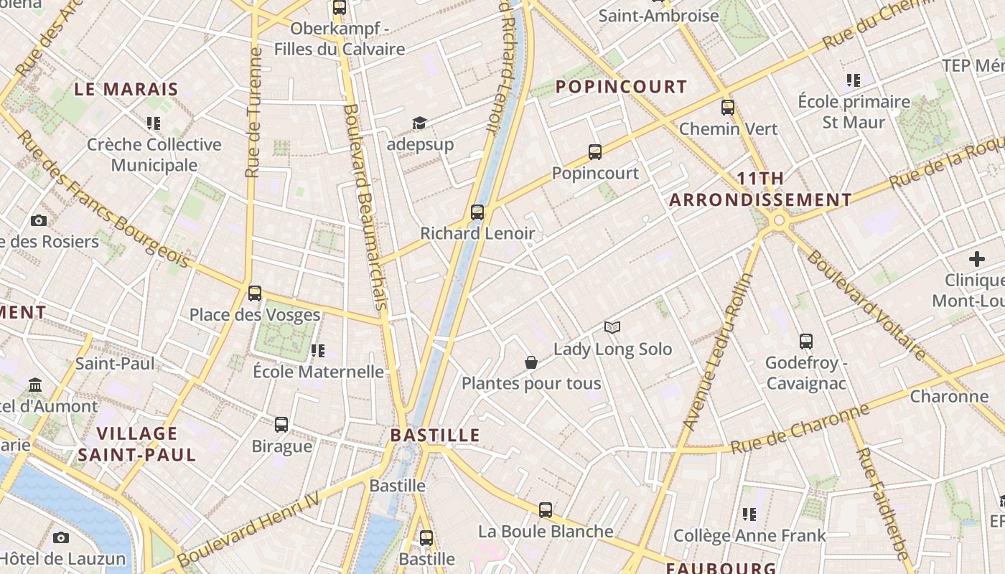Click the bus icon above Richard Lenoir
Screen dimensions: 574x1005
click(477, 212)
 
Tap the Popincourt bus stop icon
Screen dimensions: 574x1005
click(595, 152)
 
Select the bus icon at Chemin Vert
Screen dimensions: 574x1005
click(728, 108)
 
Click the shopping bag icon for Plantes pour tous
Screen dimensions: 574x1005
click(531, 362)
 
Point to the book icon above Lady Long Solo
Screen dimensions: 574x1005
click(612, 328)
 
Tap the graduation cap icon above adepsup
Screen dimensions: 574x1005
click(419, 123)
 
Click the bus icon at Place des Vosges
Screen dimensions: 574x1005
click(255, 293)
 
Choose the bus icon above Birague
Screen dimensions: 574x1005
click(281, 425)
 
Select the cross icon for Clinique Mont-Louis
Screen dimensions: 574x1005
click(977, 259)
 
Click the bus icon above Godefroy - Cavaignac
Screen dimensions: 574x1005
click(806, 342)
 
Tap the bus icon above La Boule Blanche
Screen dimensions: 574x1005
click(546, 510)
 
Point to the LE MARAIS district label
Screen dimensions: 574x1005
click(126, 90)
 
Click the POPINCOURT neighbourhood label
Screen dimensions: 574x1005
click(622, 87)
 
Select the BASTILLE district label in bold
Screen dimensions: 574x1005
click(435, 436)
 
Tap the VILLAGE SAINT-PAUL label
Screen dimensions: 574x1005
click(137, 444)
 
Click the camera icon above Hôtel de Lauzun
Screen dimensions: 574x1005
click(61, 537)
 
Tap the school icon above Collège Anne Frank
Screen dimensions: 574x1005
click(749, 514)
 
